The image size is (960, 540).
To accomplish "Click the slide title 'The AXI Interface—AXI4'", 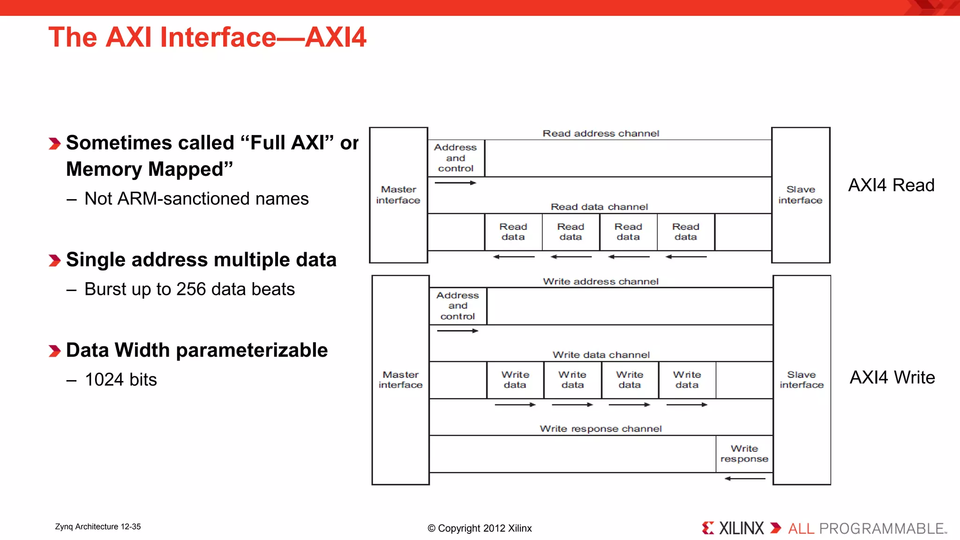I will pyautogui.click(x=207, y=37).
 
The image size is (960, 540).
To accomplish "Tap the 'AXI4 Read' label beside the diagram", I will pyautogui.click(x=891, y=185).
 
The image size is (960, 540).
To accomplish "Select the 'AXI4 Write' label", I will pyautogui.click(x=892, y=377).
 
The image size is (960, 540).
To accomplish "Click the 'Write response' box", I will pyautogui.click(x=744, y=454).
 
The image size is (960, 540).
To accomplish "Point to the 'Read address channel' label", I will pyautogui.click(x=600, y=134).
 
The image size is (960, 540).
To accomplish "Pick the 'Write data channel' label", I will pyautogui.click(x=601, y=355).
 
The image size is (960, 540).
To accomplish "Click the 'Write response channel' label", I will pyautogui.click(x=600, y=429).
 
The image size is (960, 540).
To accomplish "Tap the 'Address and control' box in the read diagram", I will pyautogui.click(x=456, y=158).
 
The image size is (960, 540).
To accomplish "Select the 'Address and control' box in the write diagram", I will pyautogui.click(x=458, y=306).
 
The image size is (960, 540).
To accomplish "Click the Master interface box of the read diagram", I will pyautogui.click(x=398, y=195).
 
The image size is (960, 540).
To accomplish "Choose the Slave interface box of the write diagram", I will pyautogui.click(x=802, y=380).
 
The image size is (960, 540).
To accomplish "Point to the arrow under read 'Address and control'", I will pyautogui.click(x=455, y=183).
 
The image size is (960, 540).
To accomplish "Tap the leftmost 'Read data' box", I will pyautogui.click(x=513, y=232).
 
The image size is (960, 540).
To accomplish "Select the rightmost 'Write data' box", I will pyautogui.click(x=687, y=380).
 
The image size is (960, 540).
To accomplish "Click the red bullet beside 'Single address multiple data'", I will pyautogui.click(x=55, y=261).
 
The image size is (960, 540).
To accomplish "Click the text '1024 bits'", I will pyautogui.click(x=121, y=380).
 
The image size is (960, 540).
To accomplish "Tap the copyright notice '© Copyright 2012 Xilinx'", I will pyautogui.click(x=480, y=528).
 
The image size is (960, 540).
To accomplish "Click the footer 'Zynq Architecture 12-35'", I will pyautogui.click(x=98, y=527).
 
